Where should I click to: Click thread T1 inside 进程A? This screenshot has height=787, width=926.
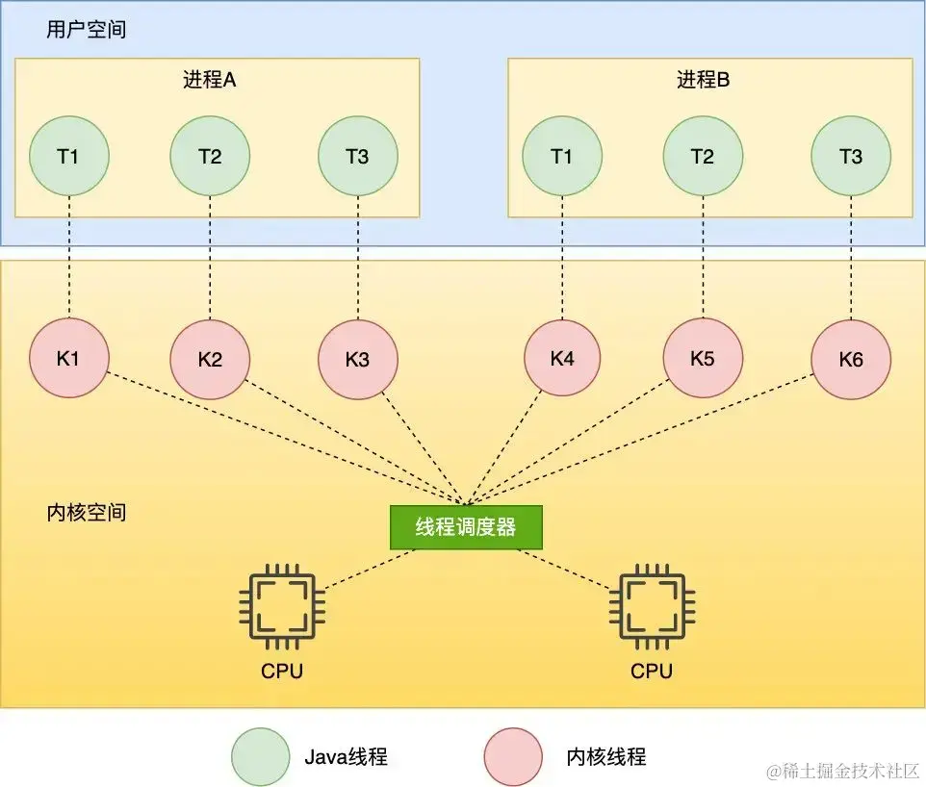(x=68, y=156)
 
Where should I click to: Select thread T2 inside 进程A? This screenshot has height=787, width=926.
(x=210, y=156)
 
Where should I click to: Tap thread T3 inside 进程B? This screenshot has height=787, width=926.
(x=851, y=156)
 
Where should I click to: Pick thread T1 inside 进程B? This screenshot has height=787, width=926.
(x=562, y=156)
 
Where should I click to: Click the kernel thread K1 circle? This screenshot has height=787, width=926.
(x=68, y=359)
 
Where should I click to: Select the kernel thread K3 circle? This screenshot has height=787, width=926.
(x=357, y=360)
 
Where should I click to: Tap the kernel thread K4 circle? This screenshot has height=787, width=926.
(x=562, y=359)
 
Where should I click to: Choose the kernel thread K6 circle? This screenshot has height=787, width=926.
(x=851, y=360)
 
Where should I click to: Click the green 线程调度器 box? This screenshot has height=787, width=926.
(x=466, y=527)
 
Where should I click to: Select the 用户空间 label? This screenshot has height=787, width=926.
(x=86, y=30)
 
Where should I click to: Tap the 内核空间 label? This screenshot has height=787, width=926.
(x=86, y=512)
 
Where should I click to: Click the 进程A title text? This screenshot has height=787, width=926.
(x=209, y=80)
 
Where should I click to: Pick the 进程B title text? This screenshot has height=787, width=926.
(x=703, y=80)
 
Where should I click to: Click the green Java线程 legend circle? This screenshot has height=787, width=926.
(x=261, y=756)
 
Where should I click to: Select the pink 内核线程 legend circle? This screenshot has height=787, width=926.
(x=513, y=756)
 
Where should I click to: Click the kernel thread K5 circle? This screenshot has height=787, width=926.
(x=703, y=360)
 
